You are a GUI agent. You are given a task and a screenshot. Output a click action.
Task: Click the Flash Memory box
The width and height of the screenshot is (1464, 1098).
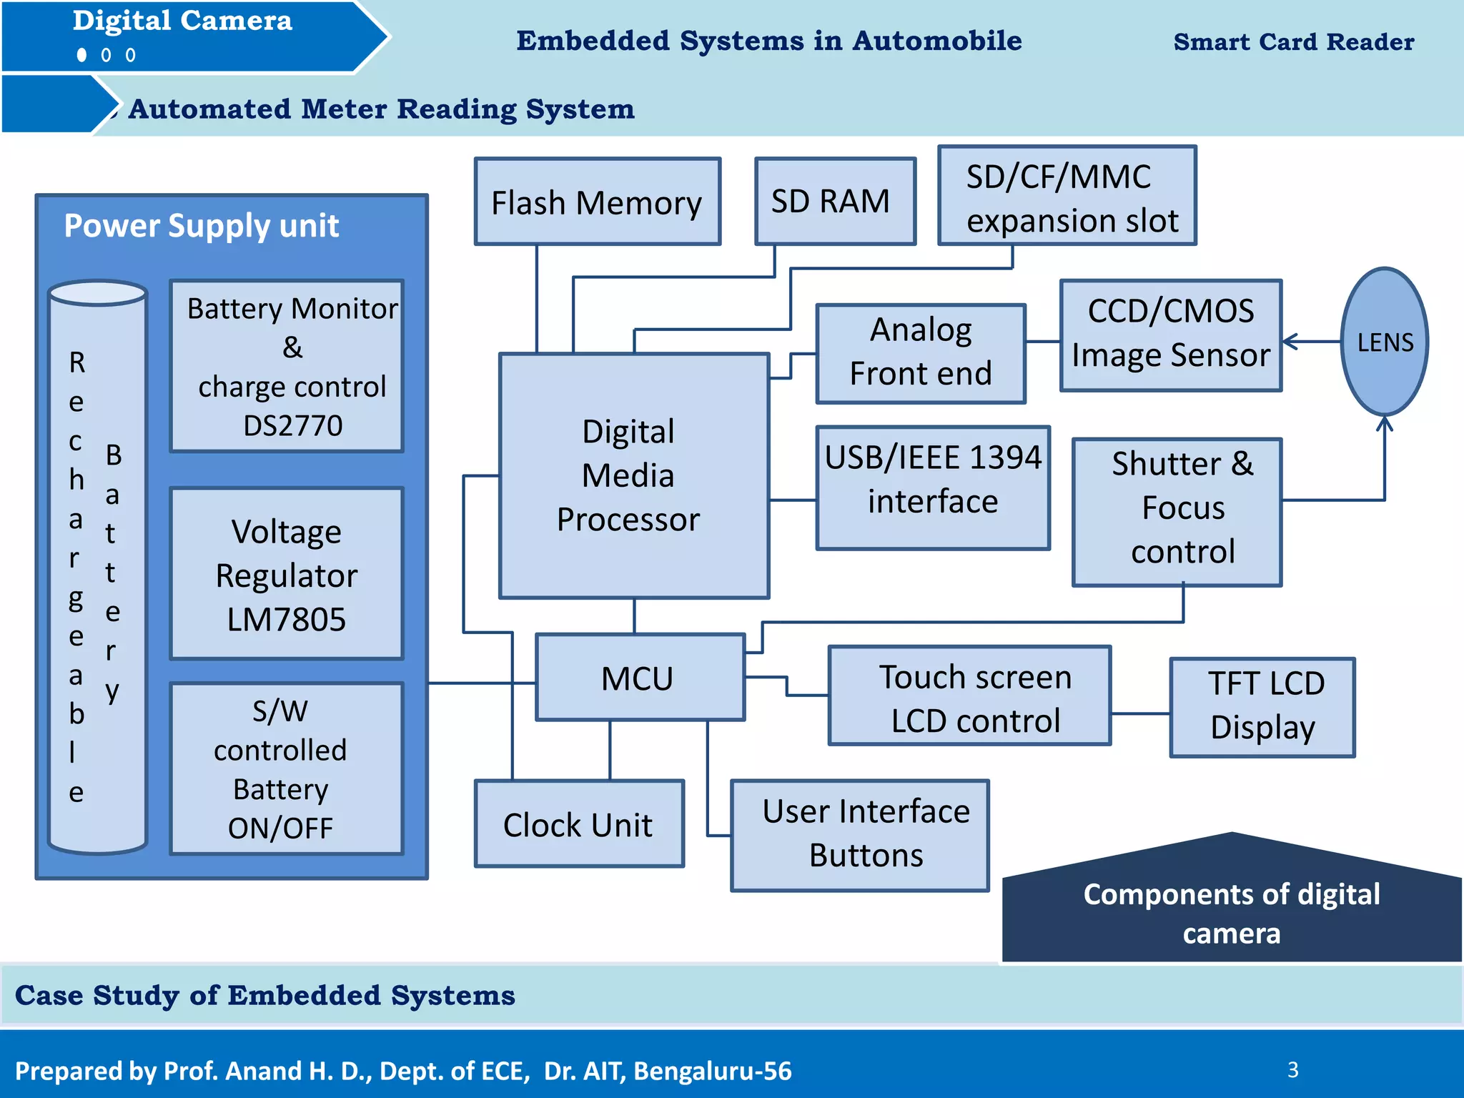[598, 202]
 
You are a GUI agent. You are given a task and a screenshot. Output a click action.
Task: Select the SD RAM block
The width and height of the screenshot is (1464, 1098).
[835, 202]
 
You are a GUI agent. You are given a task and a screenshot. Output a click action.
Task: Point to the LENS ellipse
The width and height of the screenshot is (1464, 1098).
[1385, 342]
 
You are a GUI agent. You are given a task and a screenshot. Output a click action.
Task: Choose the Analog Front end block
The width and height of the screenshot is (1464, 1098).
[921, 353]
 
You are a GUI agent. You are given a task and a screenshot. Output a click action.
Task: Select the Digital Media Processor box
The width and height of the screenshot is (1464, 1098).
[633, 475]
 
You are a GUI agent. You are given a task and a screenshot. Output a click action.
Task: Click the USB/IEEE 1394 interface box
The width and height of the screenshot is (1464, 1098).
[933, 488]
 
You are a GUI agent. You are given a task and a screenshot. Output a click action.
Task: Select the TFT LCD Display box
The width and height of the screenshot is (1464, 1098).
[1262, 707]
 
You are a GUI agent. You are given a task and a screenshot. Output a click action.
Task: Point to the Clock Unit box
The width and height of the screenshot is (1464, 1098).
[579, 823]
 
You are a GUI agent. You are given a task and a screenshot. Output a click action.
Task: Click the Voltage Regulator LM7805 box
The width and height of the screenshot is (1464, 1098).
[287, 573]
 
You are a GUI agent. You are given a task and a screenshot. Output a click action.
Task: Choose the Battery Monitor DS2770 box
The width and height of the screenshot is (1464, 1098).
[287, 365]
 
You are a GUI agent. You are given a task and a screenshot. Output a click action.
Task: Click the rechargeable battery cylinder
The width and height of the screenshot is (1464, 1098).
[97, 572]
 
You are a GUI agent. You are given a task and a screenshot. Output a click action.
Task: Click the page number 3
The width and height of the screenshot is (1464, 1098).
[1292, 1069]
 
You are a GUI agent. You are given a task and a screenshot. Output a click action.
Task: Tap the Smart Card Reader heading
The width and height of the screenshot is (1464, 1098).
[1293, 41]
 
